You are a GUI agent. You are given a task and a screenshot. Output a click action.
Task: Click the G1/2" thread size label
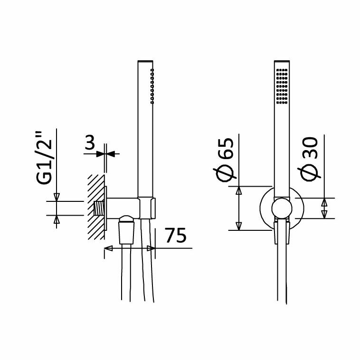tap(44, 158)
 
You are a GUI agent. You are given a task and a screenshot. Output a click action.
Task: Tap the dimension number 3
tap(90, 142)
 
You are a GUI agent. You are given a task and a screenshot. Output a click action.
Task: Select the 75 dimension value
tap(176, 235)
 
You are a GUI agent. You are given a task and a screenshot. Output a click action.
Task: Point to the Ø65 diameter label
tap(225, 160)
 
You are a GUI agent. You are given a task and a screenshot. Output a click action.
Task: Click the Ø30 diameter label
tap(309, 159)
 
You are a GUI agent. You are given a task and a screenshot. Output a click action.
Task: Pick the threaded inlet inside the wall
tap(99, 208)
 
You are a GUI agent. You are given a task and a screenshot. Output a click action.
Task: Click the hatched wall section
tap(96, 207)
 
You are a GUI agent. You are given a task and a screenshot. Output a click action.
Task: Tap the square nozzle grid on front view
tap(282, 86)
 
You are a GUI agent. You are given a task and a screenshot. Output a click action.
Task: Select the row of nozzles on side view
tap(152, 86)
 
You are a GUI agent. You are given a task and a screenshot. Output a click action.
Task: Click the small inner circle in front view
tap(282, 208)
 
